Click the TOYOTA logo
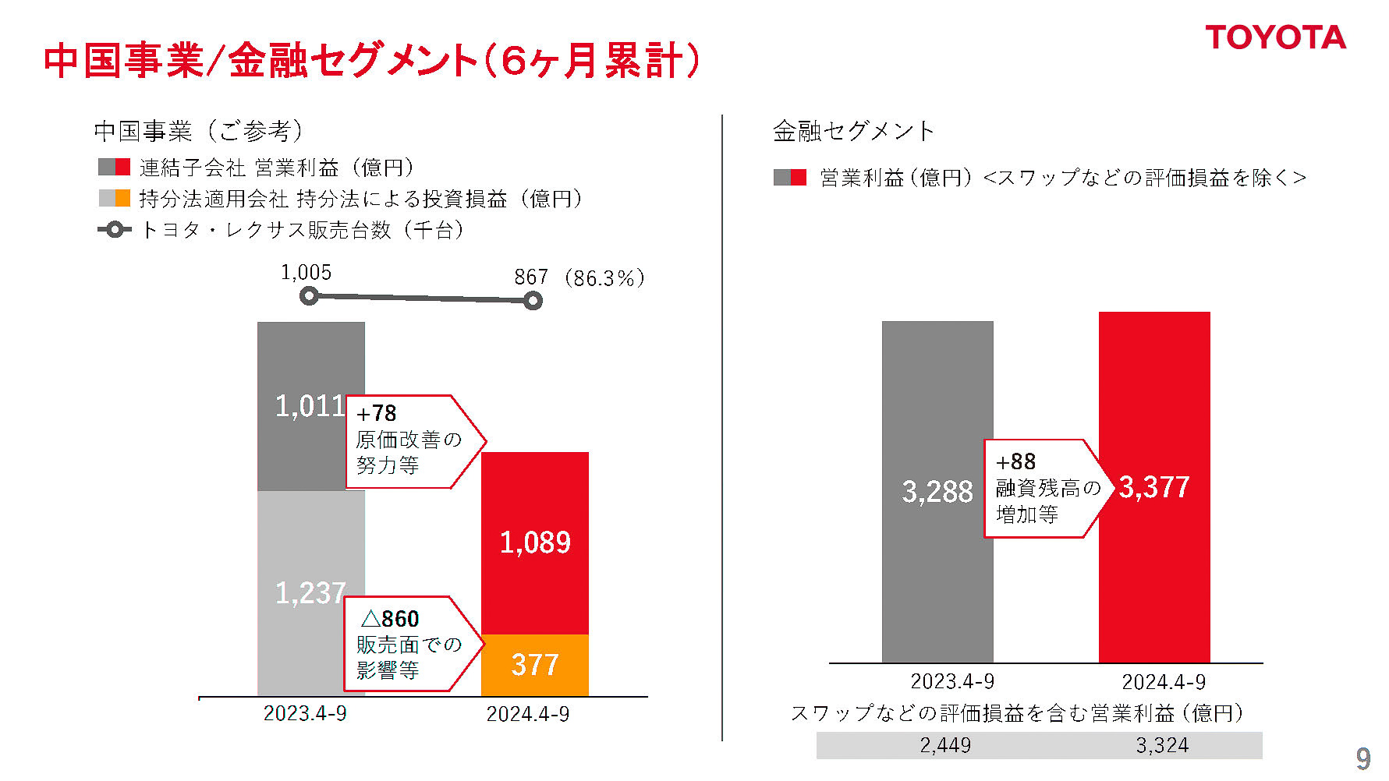[1275, 37]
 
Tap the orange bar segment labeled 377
[535, 665]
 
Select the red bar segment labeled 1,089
[535, 542]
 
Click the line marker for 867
[533, 301]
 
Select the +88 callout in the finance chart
[1041, 488]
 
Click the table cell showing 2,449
[945, 745]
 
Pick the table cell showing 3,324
[1162, 745]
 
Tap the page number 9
[1362, 758]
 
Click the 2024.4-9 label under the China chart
[528, 714]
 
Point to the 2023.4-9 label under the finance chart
[952, 682]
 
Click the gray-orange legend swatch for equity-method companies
[114, 198]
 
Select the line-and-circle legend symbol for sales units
[114, 230]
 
